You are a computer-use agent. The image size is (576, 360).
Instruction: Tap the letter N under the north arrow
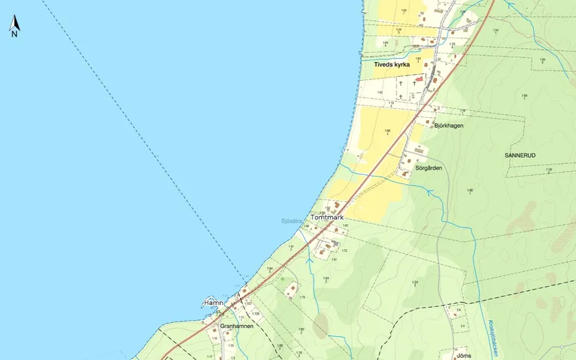pos(14,33)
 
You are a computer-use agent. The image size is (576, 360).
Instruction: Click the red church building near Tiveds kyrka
pos(419,80)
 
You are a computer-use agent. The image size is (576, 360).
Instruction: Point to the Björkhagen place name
pos(449,126)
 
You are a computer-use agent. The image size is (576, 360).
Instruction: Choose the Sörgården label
pos(429,168)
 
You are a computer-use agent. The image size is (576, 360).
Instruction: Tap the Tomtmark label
pos(328,218)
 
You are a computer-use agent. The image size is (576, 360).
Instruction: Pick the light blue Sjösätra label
pos(292,221)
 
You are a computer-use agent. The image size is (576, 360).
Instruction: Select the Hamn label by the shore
pos(213,302)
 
